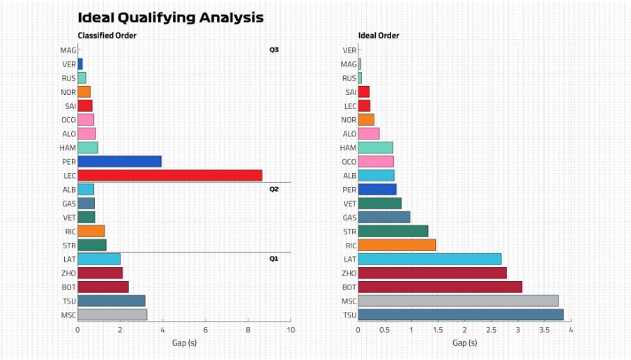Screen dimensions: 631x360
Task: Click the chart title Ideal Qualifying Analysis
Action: coord(171,17)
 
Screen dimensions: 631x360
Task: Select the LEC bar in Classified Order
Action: coord(170,176)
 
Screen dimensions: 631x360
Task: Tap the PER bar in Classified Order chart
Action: coord(119,161)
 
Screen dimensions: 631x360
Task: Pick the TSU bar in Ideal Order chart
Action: coord(461,315)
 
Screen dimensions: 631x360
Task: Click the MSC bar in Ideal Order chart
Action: coord(458,301)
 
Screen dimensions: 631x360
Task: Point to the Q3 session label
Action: coord(274,50)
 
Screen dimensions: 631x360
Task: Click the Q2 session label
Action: coord(274,189)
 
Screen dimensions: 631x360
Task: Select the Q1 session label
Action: coord(274,259)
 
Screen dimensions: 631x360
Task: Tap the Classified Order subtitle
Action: coord(107,36)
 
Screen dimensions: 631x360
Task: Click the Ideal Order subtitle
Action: coord(379,36)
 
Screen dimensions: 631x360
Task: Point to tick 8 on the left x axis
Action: coord(248,330)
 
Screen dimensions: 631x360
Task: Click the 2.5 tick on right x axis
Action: coord(491,330)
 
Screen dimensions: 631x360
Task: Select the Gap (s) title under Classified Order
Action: coord(184,343)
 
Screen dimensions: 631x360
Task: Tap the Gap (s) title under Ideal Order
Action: coord(465,343)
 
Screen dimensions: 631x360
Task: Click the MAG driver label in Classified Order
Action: coord(68,50)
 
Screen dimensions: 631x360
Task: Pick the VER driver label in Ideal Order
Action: coord(350,50)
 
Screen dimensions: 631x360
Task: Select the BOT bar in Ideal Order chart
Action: coord(440,287)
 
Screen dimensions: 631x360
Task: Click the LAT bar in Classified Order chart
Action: coord(99,259)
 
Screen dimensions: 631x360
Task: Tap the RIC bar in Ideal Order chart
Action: coord(397,246)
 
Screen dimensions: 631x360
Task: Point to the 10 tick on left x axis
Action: coord(291,330)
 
